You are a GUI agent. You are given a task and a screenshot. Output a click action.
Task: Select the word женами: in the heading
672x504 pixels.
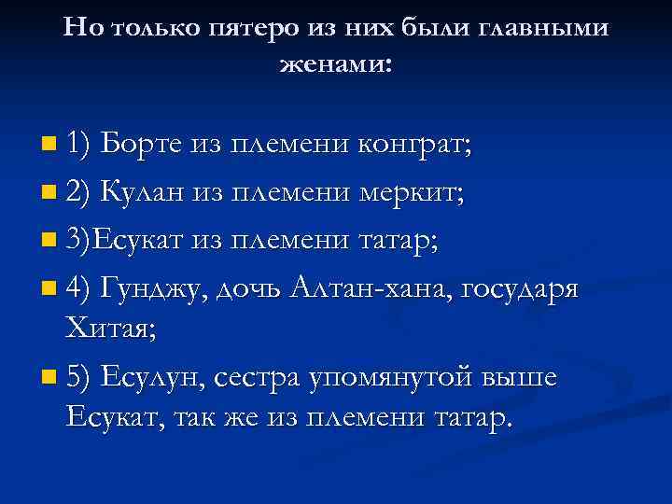[336, 65]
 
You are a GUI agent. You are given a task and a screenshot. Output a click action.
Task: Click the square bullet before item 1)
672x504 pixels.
[49, 146]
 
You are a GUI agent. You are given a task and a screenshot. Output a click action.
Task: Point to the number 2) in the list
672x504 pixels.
[79, 193]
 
